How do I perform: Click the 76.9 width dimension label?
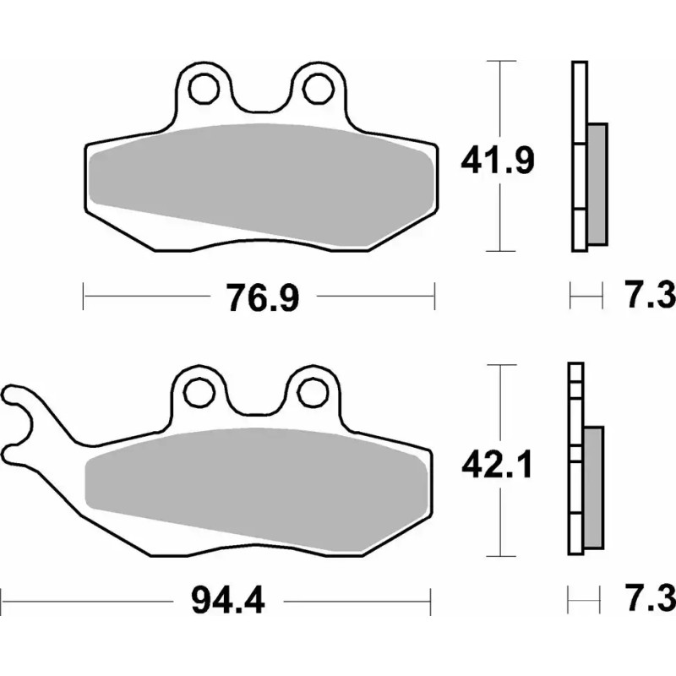coord(262,297)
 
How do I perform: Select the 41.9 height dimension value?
coord(496,158)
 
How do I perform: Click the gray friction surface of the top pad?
coord(262,177)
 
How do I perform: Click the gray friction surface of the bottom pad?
coord(253,482)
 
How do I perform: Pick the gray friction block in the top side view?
coord(597,182)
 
